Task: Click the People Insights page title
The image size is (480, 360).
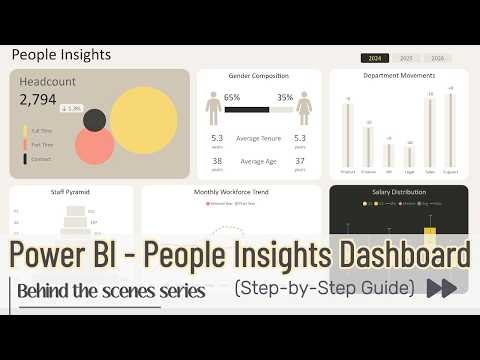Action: click(61, 55)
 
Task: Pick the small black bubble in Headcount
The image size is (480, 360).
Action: click(95, 121)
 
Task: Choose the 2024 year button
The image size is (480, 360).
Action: click(375, 59)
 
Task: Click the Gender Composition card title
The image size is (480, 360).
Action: click(258, 76)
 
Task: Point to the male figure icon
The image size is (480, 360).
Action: click(213, 107)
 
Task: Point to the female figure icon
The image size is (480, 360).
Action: click(304, 107)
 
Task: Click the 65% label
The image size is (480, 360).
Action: click(232, 98)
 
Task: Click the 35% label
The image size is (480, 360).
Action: click(285, 98)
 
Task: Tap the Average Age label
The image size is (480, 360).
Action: click(258, 160)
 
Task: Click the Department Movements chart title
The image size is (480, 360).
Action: click(399, 76)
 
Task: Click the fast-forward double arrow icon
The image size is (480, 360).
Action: click(442, 289)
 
